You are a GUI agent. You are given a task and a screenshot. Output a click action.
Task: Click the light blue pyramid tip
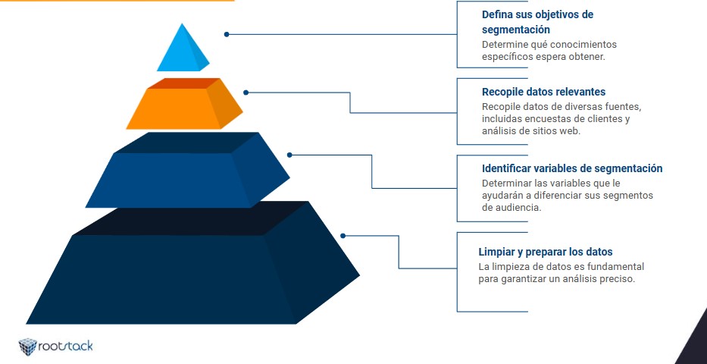coord(182,49)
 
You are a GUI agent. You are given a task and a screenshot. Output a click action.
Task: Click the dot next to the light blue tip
coord(227,34)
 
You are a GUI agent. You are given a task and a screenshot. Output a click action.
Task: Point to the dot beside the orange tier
coord(246,93)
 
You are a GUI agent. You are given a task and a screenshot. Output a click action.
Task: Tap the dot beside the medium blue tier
coord(289,155)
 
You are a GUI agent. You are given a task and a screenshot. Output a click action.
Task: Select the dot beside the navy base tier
coord(343,235)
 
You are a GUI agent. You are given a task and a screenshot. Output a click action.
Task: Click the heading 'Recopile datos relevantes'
coord(543,92)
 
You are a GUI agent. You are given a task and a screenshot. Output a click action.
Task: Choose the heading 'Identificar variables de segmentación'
coord(572,168)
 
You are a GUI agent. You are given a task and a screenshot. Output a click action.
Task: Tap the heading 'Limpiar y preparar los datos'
coord(545,252)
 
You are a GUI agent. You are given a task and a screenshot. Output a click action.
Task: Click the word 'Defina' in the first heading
coord(496,14)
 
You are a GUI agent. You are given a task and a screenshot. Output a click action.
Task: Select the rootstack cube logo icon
coord(27,347)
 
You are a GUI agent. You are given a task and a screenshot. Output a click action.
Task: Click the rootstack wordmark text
coord(65,347)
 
